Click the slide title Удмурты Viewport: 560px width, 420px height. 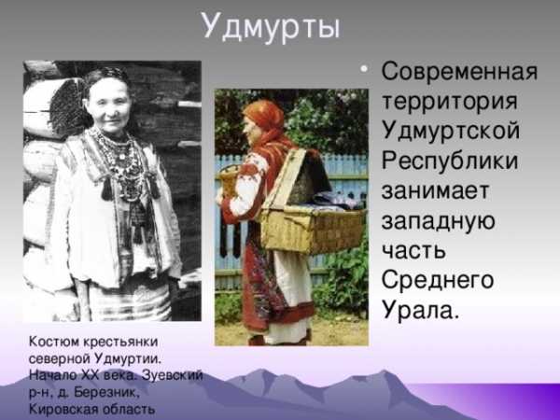(271, 27)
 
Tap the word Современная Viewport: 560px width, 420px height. (459, 72)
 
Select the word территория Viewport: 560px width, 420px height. (450, 102)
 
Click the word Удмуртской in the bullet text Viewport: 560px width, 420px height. (451, 130)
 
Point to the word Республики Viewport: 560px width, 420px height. (450, 161)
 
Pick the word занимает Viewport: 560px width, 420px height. (435, 190)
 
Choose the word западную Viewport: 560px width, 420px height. (438, 222)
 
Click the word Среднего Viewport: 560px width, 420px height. (438, 282)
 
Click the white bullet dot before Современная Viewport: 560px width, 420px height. (364, 69)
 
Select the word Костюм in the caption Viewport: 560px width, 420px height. (54, 342)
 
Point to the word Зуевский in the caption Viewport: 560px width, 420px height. (173, 375)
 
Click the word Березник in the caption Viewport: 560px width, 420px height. (105, 393)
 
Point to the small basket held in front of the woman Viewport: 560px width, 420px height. (230, 180)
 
